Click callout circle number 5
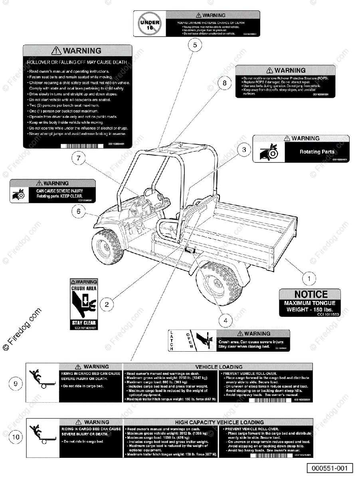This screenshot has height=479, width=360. pos(195,46)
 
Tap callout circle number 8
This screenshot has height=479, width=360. pos(225,83)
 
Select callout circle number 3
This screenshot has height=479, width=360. pos(244,150)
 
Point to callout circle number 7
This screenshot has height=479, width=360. pos(79,158)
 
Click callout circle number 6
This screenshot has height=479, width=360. pos(79,211)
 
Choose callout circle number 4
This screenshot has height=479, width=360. pos(225,320)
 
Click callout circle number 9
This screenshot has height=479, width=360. pos(16,384)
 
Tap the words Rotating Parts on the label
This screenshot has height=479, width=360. pos(317,152)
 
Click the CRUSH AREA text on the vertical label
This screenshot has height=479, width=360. pos(84,288)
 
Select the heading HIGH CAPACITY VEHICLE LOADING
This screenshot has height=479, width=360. pos(219,422)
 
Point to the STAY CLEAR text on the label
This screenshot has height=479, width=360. pos(84,323)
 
